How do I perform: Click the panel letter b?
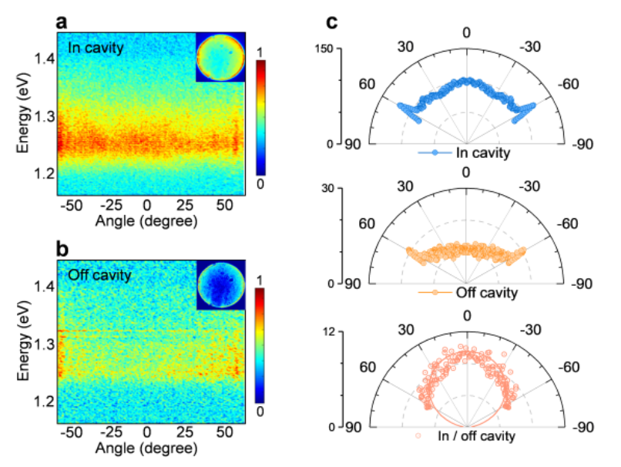coord(61,248)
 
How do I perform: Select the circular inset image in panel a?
coord(220,57)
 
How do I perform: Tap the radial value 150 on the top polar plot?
coord(357,51)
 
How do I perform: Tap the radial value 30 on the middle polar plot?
coord(361,190)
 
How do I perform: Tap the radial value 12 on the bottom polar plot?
coord(361,331)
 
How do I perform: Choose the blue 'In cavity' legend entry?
coord(464,153)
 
